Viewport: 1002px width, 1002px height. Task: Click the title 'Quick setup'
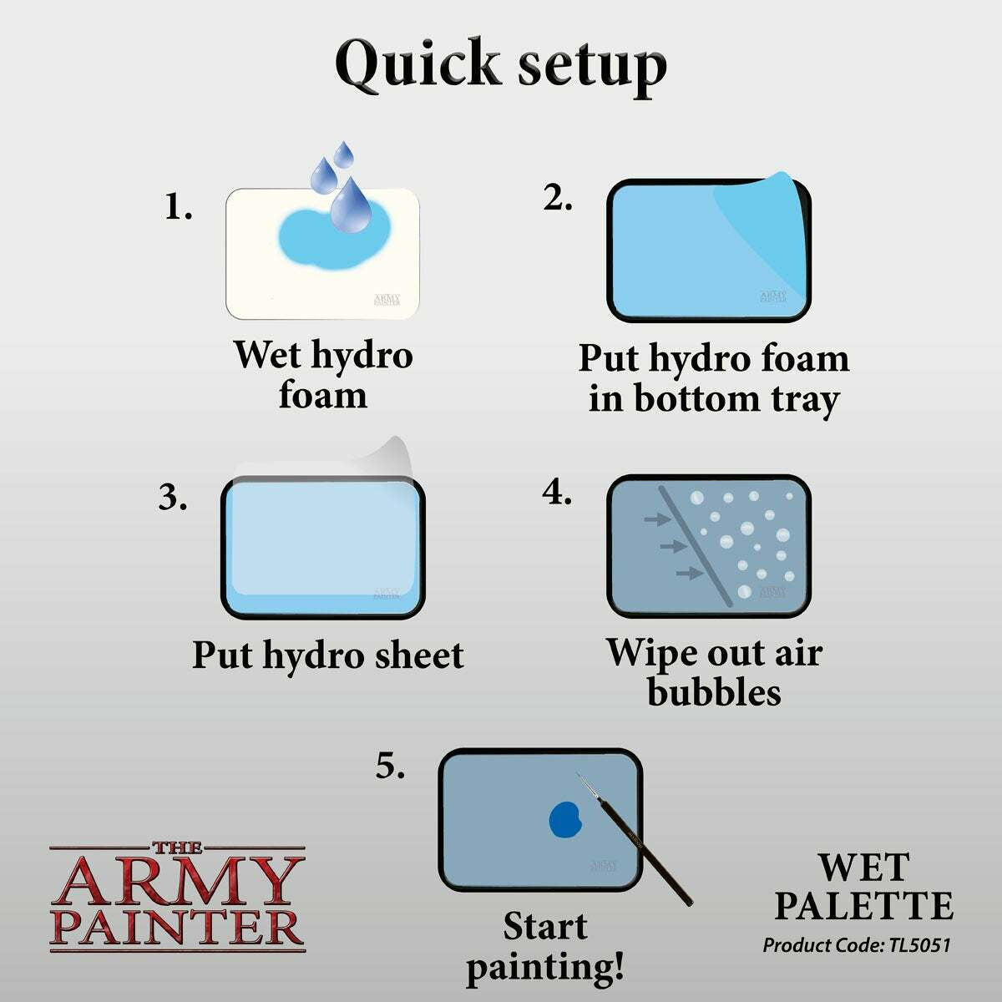click(x=501, y=63)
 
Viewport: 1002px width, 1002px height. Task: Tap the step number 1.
click(x=177, y=207)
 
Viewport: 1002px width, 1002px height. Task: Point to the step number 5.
click(x=389, y=766)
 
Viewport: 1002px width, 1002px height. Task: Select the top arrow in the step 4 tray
click(x=657, y=520)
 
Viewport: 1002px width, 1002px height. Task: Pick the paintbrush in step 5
click(x=639, y=843)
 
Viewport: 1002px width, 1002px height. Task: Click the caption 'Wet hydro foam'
click(x=323, y=374)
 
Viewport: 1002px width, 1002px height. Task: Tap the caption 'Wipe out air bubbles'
click(x=714, y=672)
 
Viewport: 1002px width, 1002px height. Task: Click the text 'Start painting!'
click(x=545, y=947)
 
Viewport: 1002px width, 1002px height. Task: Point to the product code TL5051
click(x=857, y=945)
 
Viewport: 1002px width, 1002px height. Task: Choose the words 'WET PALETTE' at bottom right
click(x=863, y=887)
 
